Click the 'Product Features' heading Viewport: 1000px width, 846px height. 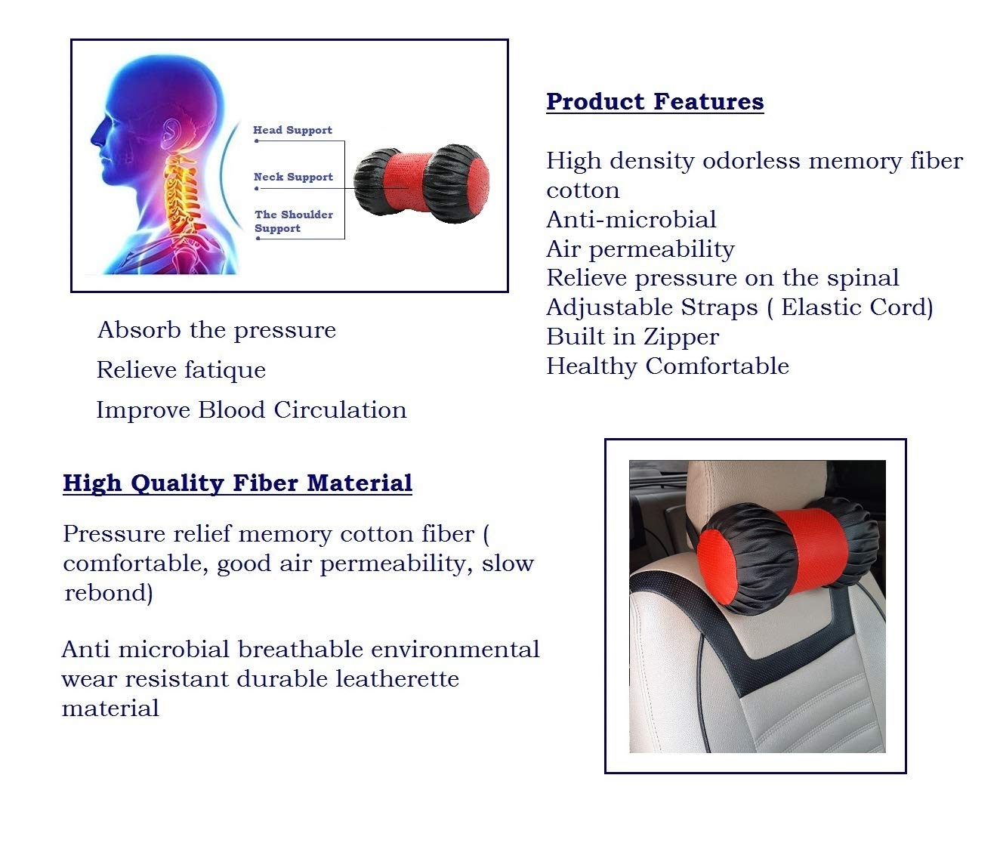[655, 102]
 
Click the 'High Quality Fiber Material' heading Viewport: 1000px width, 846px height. [238, 483]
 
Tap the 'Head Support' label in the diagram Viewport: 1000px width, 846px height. [293, 130]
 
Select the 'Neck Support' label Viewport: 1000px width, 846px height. [293, 178]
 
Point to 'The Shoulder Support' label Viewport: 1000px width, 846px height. [294, 221]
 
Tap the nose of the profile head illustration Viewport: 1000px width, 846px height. [96, 138]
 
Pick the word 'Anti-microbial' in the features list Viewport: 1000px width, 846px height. [631, 219]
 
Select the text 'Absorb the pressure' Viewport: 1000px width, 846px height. [216, 331]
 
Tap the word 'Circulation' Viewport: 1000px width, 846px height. [340, 410]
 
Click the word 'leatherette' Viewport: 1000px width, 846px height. [397, 678]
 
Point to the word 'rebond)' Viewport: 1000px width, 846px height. [108, 593]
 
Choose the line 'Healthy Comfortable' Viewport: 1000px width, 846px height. [668, 366]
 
